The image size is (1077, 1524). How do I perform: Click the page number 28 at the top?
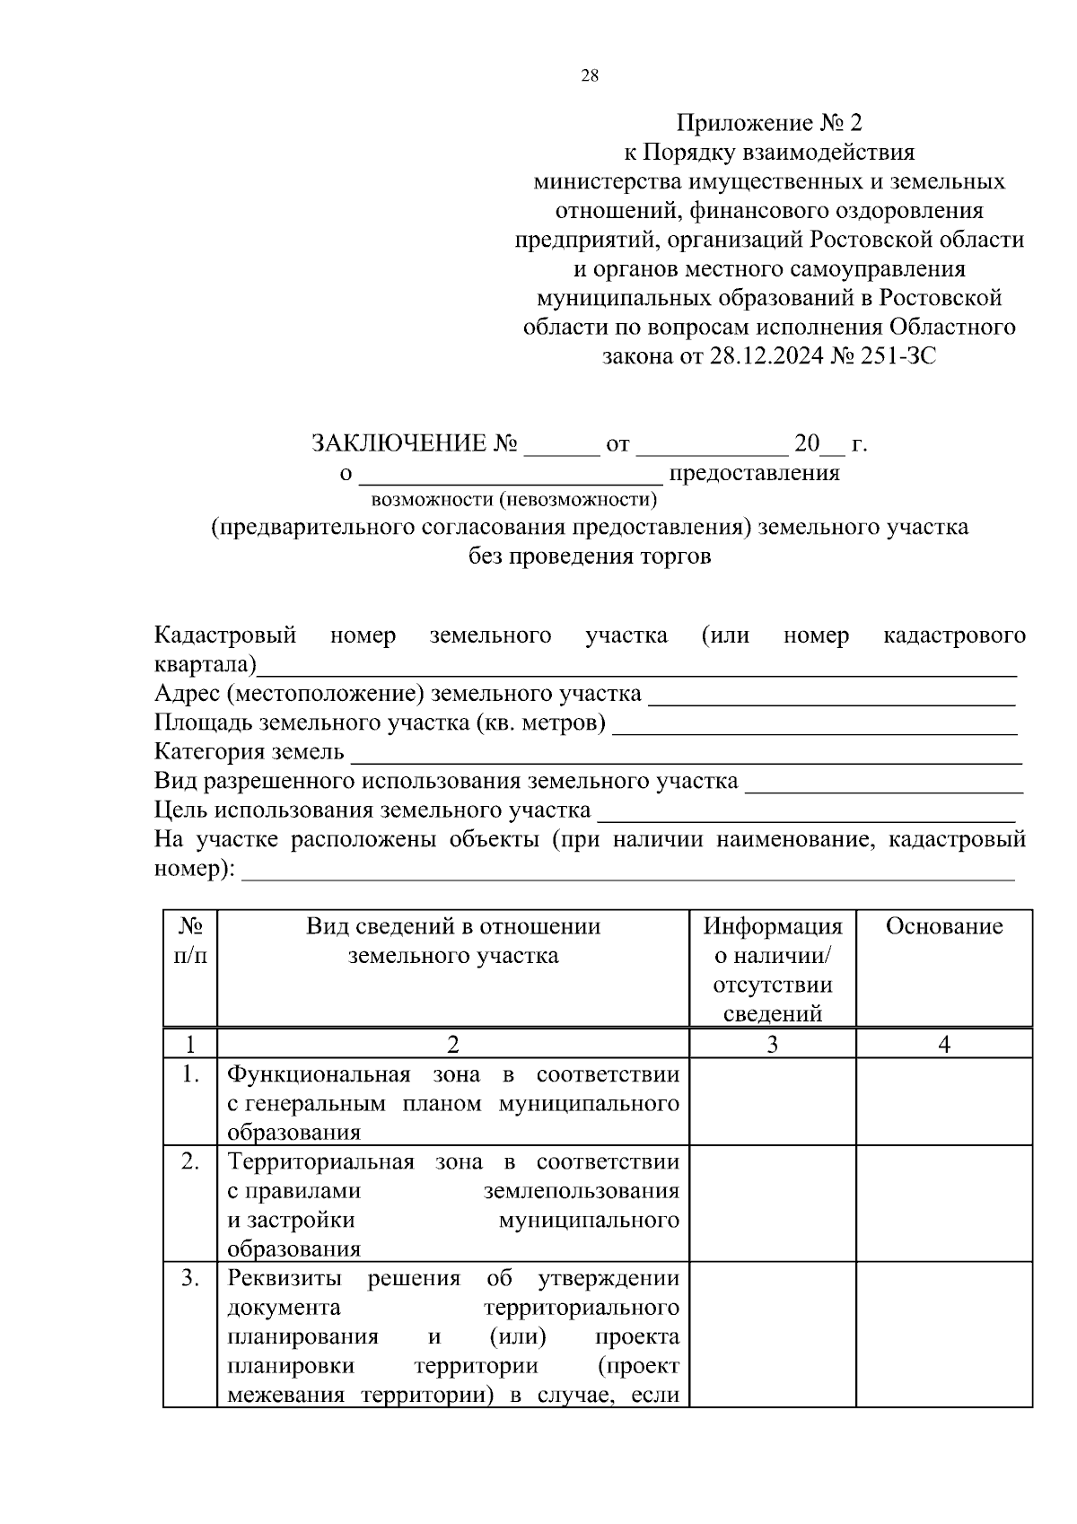(x=590, y=76)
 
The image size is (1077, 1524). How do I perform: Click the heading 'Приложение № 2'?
(x=769, y=123)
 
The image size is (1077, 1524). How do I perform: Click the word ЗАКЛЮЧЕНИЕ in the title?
(x=398, y=443)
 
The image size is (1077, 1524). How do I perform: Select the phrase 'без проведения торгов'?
(x=590, y=556)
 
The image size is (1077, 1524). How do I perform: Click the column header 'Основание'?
(x=944, y=926)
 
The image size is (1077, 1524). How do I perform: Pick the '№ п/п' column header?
(x=190, y=941)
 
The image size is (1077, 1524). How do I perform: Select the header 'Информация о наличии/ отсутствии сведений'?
(x=773, y=969)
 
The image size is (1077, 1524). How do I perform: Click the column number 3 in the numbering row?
(x=773, y=1044)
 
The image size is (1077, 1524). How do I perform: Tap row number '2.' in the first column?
(x=190, y=1162)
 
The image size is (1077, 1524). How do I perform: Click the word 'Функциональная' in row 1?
(x=319, y=1074)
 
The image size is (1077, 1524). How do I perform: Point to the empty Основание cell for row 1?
(x=944, y=1102)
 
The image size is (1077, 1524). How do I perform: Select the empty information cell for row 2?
(x=773, y=1204)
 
